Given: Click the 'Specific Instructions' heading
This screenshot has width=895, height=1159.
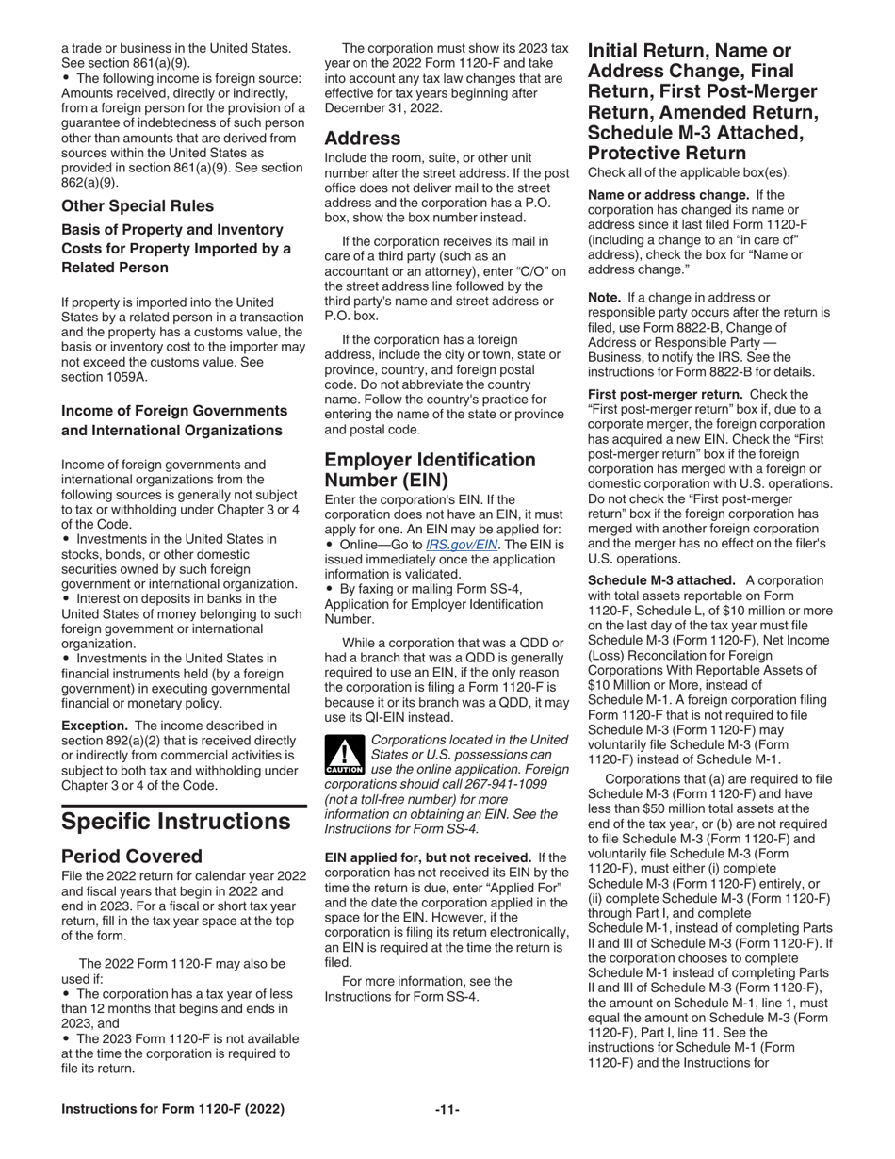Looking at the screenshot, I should (175, 821).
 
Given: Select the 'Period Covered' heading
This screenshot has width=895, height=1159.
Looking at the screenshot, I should (131, 856).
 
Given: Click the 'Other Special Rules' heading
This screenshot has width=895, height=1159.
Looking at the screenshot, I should (138, 205).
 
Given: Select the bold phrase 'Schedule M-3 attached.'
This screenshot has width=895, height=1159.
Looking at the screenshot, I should (662, 580).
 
